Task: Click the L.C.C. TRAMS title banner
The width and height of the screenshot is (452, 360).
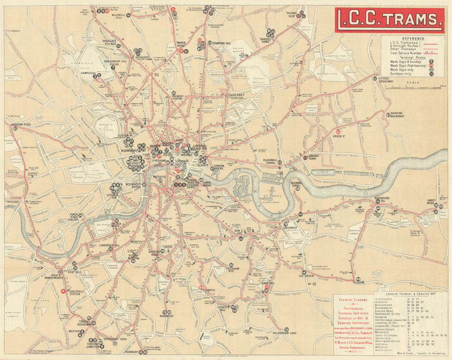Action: tap(389, 19)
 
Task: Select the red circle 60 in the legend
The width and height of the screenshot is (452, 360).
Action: tap(431, 65)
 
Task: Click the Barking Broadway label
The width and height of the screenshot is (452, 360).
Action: tap(397, 115)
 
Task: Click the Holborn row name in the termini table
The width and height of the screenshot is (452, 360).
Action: tap(382, 317)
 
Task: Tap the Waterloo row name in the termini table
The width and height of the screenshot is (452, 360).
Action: tap(382, 346)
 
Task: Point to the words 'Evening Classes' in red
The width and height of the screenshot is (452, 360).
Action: tap(352, 299)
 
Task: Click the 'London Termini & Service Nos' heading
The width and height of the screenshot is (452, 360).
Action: tap(410, 293)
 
